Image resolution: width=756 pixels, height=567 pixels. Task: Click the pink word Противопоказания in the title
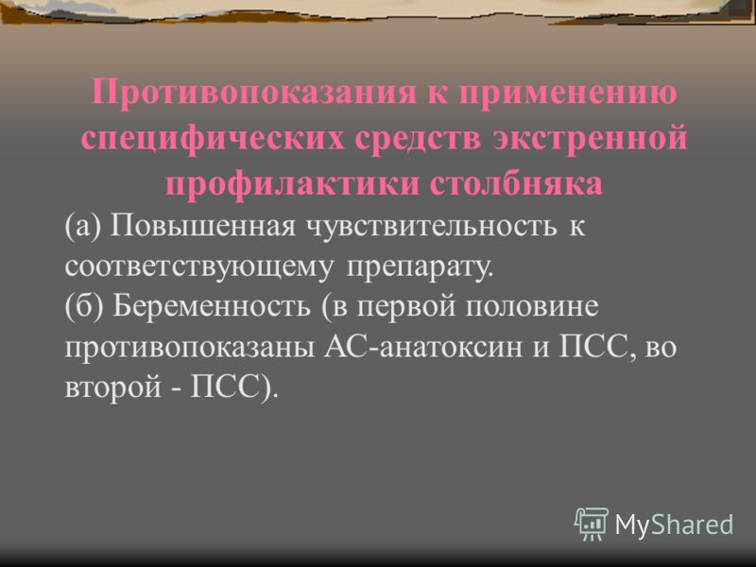tap(253, 92)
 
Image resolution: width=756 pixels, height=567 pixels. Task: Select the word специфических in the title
tap(213, 138)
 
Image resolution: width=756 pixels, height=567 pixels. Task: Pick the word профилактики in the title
tap(292, 183)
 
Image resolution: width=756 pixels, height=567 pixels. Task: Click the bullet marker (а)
tap(82, 226)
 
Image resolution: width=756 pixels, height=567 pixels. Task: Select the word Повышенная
tap(202, 225)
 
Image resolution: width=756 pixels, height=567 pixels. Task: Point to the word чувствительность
tap(432, 226)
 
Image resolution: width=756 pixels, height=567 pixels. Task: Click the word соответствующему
tap(198, 266)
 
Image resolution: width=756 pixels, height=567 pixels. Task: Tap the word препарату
tap(420, 267)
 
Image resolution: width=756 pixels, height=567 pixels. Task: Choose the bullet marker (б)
tap(83, 306)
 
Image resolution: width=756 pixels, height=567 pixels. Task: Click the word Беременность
tap(211, 306)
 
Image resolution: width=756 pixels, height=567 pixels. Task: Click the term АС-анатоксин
tap(422, 347)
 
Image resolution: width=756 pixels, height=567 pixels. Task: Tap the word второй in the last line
tap(112, 387)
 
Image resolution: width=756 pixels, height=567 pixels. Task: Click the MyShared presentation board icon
tap(592, 524)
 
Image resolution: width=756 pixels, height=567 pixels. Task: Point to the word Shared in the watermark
tap(693, 524)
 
